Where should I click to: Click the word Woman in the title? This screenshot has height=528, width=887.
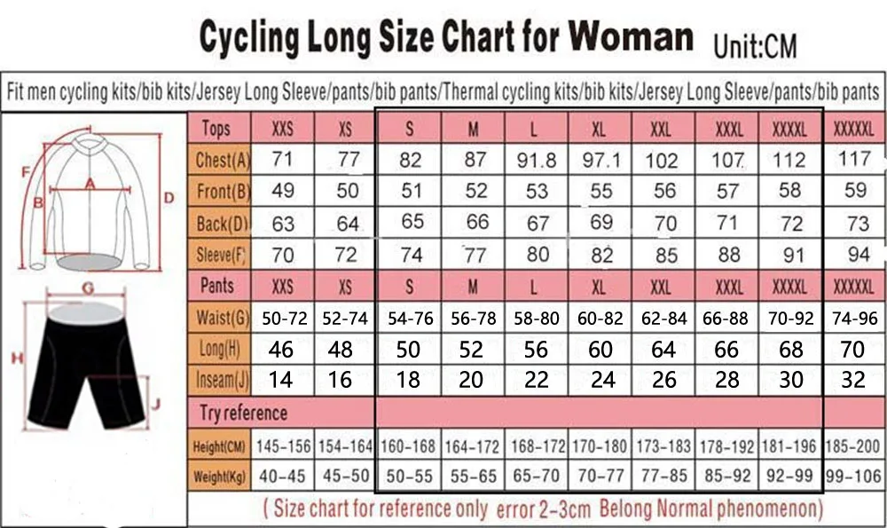click(x=631, y=36)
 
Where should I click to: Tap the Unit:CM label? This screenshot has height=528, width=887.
click(x=757, y=43)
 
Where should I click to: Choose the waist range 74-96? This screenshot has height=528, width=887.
click(x=854, y=318)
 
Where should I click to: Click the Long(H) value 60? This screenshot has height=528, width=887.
click(x=600, y=349)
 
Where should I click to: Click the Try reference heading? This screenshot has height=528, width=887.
click(x=243, y=413)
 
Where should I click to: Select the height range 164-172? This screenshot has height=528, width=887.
click(x=472, y=445)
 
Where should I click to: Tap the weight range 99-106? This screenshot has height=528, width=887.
click(x=854, y=476)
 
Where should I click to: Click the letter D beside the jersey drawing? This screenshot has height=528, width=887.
click(x=166, y=196)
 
